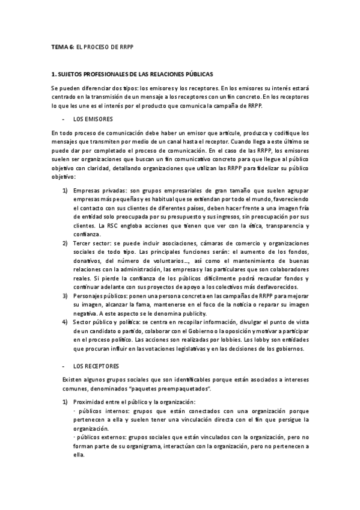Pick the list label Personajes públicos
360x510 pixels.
point(99,296)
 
